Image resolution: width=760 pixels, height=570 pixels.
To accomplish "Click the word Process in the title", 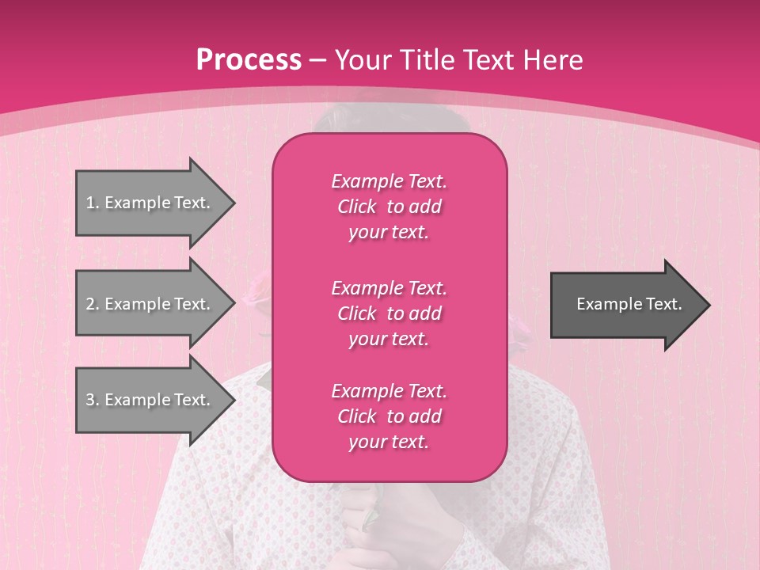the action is (249, 60).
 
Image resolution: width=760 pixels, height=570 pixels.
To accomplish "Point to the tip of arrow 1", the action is (233, 203).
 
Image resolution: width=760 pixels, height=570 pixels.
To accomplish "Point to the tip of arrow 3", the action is (233, 400).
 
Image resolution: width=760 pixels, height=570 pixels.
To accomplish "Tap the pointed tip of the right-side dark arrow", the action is (708, 304).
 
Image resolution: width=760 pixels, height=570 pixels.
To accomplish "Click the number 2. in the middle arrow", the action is (92, 304).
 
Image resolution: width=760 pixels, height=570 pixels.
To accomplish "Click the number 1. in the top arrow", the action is (92, 203).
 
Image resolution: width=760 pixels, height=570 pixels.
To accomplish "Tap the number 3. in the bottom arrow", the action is (92, 400).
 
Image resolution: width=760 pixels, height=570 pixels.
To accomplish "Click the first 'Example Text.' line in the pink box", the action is (389, 181).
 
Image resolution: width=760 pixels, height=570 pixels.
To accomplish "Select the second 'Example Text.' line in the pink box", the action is (389, 287).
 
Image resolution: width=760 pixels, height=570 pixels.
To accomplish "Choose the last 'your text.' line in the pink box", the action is (389, 443).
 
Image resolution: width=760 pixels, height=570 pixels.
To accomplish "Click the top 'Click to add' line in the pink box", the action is (389, 207).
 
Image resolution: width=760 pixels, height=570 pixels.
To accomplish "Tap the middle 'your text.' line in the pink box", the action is (389, 339).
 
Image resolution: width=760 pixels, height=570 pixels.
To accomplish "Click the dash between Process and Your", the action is (317, 60).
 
